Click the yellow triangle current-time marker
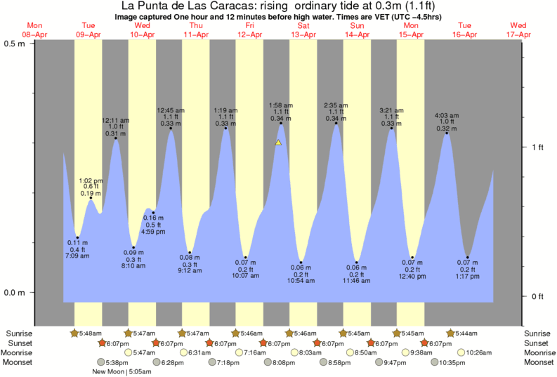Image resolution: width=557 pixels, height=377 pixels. (x=278, y=143)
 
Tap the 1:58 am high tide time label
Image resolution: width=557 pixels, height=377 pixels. (x=281, y=105)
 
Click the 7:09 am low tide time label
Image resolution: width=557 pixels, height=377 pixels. (x=78, y=256)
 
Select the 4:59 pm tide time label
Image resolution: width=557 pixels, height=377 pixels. (x=152, y=232)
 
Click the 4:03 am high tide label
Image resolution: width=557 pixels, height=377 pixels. (x=446, y=115)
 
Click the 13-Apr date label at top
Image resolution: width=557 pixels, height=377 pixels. (x=303, y=34)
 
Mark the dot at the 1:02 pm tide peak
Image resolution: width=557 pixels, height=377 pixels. (x=90, y=199)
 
